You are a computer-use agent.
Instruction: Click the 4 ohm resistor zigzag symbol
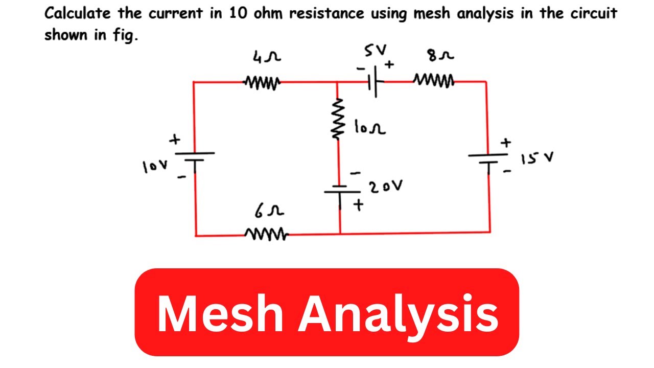[x=262, y=81]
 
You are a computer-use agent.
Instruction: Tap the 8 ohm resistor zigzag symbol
[x=434, y=80]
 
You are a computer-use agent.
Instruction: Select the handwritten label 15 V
[x=537, y=160]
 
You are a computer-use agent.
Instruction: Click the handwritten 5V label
[x=376, y=51]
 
